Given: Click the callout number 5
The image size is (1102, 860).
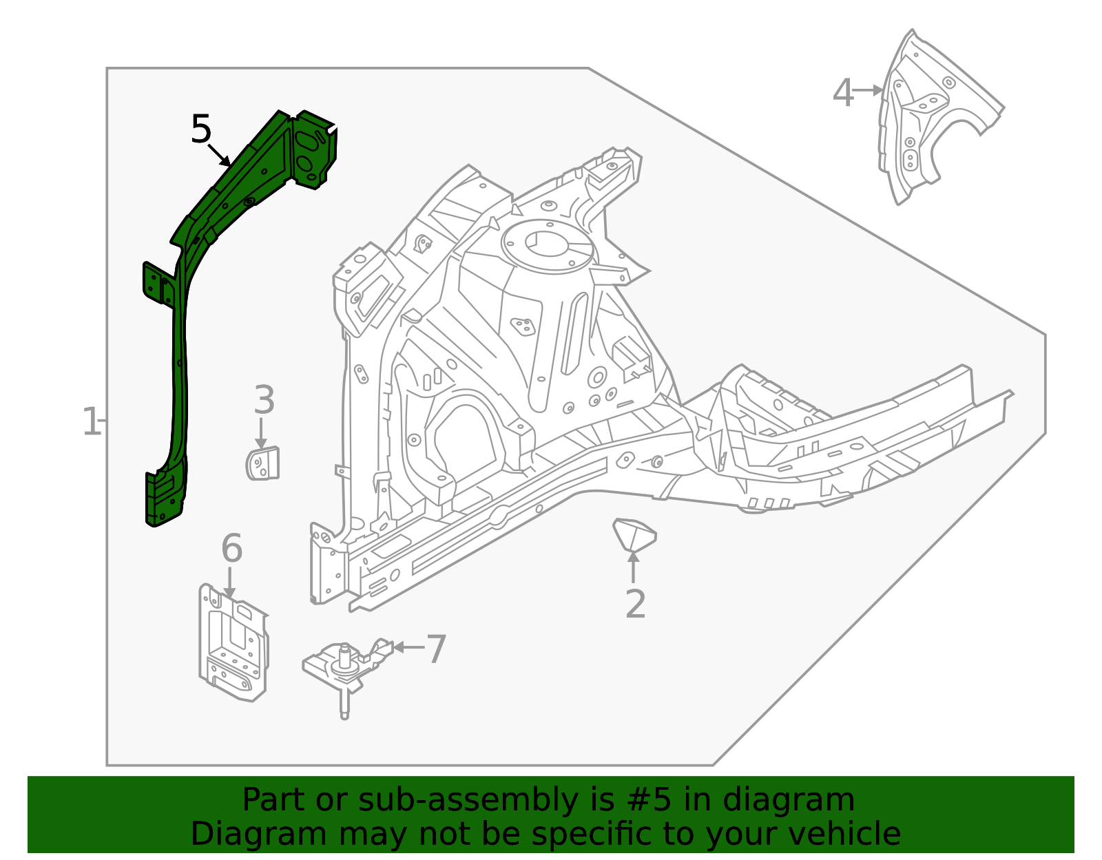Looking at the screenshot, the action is [x=200, y=129].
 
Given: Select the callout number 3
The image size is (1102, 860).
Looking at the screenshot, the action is [x=264, y=400].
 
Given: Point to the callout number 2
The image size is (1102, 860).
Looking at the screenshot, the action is [x=635, y=604].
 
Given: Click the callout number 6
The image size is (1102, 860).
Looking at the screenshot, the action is [x=231, y=549].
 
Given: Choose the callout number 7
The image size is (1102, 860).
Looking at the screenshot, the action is [x=436, y=649].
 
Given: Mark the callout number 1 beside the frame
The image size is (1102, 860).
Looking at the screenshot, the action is [x=91, y=421].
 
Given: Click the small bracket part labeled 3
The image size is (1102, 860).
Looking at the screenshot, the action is [x=263, y=463].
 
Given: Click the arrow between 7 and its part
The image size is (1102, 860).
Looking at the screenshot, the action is [x=408, y=647].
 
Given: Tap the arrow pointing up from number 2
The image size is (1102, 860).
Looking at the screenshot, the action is [x=633, y=567].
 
